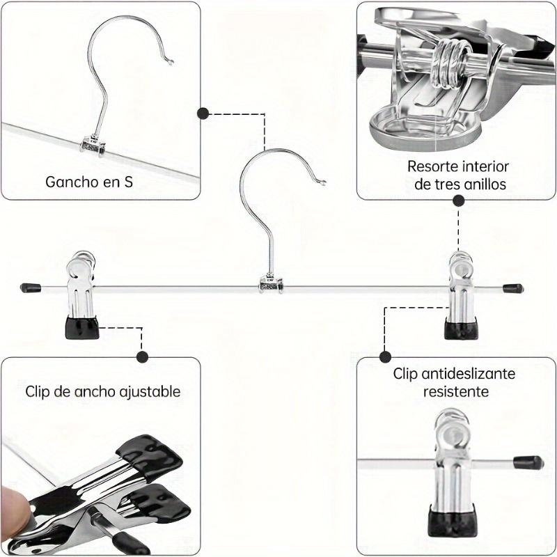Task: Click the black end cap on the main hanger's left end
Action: (x=29, y=287)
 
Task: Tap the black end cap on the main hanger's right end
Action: (x=514, y=287)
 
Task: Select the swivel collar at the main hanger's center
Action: (x=271, y=284)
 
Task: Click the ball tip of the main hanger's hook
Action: (x=323, y=184)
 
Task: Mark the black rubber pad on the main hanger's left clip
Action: (x=81, y=327)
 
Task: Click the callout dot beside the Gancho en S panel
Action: (x=203, y=113)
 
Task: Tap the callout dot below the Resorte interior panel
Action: (x=459, y=201)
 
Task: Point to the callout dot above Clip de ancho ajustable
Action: (x=142, y=357)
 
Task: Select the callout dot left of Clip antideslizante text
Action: (x=384, y=356)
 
